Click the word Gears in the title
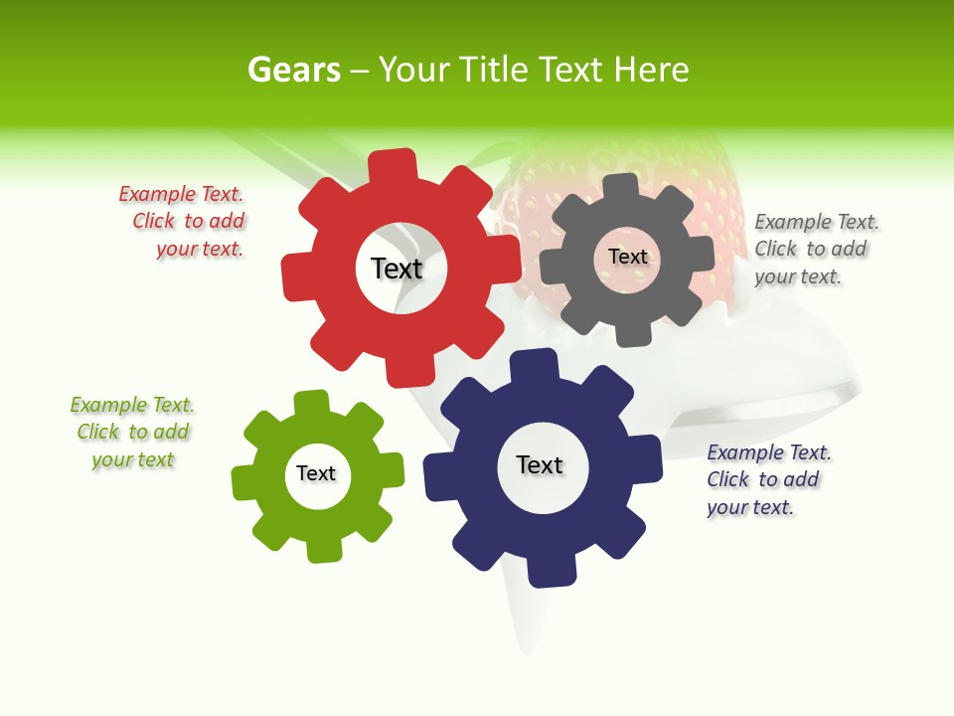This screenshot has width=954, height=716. click(x=293, y=70)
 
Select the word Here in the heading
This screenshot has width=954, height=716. click(x=651, y=70)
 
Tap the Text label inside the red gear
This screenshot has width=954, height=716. click(x=397, y=268)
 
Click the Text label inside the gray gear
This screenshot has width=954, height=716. click(x=627, y=257)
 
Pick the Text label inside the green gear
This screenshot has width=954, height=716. click(x=316, y=473)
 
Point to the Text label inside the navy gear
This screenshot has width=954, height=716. click(x=540, y=464)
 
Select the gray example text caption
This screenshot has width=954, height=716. click(x=815, y=249)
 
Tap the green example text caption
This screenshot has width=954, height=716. click(x=132, y=432)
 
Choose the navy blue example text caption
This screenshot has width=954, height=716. click(x=767, y=479)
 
